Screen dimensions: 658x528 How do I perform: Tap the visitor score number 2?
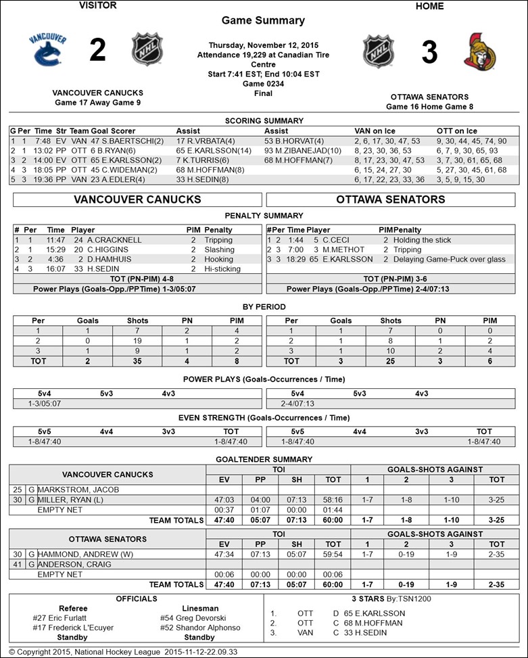click(x=97, y=51)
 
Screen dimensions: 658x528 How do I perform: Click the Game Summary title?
click(x=263, y=20)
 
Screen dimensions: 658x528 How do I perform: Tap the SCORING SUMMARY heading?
click(x=263, y=121)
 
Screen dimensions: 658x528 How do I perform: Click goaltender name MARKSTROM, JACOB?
click(x=78, y=489)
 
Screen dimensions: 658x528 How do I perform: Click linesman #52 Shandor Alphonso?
click(x=200, y=628)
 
